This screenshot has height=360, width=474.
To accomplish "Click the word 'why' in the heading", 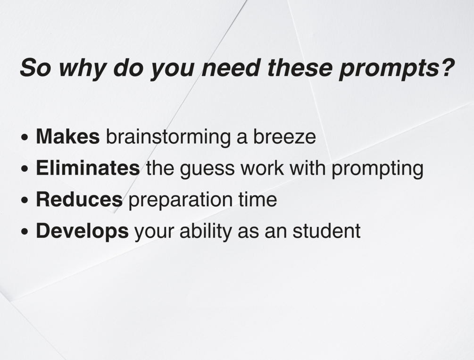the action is click(81, 68).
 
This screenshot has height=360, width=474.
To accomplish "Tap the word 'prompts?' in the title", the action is click(397, 68).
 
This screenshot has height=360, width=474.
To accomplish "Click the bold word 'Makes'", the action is click(68, 136).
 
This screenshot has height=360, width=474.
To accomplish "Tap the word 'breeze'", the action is click(284, 136).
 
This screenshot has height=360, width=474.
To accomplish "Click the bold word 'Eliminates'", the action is click(88, 167).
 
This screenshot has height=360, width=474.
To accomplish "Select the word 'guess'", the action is click(208, 169).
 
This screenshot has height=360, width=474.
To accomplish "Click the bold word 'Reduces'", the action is click(79, 199).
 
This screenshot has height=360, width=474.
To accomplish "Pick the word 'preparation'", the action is click(181, 201).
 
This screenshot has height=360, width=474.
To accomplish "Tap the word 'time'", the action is click(258, 199).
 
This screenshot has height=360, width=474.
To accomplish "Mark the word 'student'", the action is click(326, 231).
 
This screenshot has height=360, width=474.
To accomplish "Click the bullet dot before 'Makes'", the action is click(25, 137).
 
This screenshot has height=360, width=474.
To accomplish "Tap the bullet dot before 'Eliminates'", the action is click(25, 169).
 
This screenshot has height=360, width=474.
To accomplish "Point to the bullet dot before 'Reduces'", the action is click(25, 200).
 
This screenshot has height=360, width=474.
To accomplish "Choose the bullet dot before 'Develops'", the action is click(25, 232).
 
